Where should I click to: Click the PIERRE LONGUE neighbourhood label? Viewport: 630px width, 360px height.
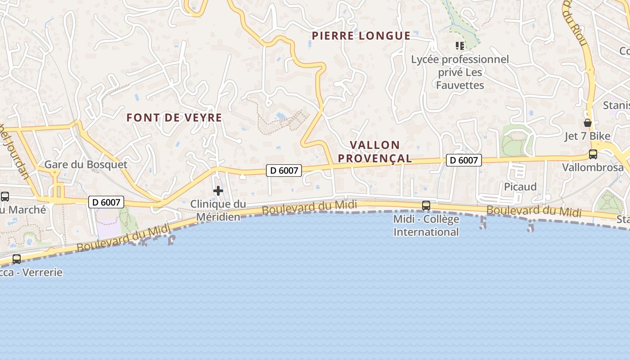[x=361, y=36]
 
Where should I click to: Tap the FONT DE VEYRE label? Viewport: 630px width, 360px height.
[x=174, y=118]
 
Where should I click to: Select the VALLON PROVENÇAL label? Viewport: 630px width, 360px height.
[x=375, y=152]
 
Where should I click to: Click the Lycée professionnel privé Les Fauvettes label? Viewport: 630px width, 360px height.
[x=460, y=72]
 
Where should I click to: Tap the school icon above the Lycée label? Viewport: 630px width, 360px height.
[x=459, y=45]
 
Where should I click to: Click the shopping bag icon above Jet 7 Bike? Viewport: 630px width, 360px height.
[x=588, y=123]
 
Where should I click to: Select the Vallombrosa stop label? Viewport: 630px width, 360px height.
[x=593, y=168]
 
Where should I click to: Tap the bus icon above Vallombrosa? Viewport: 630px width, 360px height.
[x=593, y=154]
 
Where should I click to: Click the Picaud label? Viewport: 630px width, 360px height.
[x=520, y=187]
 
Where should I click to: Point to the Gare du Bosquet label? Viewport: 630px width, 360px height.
[x=85, y=165]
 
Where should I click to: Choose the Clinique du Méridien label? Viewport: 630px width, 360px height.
[x=218, y=210]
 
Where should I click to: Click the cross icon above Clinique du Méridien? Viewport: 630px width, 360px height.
[x=218, y=191]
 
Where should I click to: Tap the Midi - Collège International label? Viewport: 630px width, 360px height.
[x=426, y=225]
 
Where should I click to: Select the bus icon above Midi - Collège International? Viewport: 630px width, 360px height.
[x=426, y=206]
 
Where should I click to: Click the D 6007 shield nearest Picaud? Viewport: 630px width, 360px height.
[x=463, y=160]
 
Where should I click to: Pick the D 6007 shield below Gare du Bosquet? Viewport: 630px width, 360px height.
[x=106, y=202]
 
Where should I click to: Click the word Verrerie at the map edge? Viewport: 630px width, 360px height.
[x=42, y=272]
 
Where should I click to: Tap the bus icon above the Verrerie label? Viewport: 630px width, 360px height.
[x=17, y=259]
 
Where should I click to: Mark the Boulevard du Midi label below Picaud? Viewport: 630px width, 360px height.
[x=534, y=211]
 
